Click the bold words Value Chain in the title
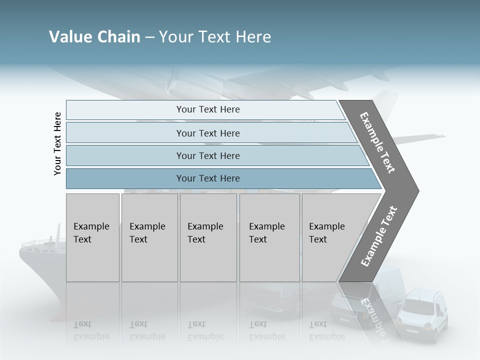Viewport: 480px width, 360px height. tap(94, 37)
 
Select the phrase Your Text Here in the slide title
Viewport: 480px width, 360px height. tap(215, 37)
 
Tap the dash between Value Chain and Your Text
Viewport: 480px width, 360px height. tap(149, 37)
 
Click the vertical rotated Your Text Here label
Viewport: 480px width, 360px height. tap(58, 143)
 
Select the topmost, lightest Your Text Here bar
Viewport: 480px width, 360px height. tap(207, 109)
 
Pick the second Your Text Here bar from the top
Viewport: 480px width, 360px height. tap(207, 133)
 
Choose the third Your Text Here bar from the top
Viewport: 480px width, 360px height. tap(207, 155)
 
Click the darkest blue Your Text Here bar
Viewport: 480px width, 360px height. tap(207, 178)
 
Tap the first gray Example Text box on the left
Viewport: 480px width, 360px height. tap(92, 237)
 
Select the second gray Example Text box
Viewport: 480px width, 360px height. tap(149, 237)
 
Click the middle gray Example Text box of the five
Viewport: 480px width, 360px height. tap(208, 237)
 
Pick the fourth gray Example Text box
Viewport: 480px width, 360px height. tap(269, 237)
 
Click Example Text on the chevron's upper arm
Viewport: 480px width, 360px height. tap(377, 142)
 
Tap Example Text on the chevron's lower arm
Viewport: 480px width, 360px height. tap(378, 236)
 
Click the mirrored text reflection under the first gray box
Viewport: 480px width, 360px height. tap(91, 330)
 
